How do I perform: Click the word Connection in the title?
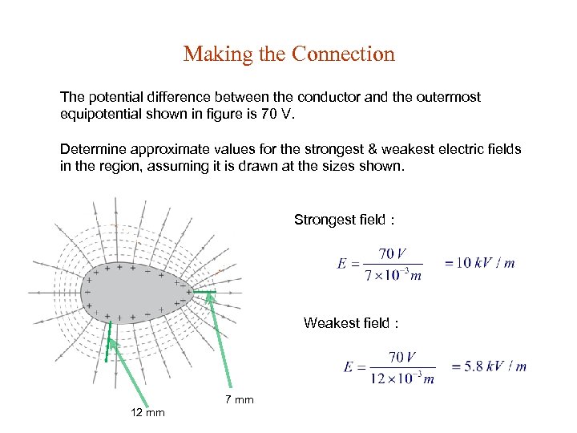(x=344, y=55)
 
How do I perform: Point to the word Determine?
(x=95, y=149)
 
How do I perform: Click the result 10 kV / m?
(x=479, y=263)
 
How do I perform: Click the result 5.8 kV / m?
(x=489, y=366)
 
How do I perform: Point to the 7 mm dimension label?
(x=239, y=399)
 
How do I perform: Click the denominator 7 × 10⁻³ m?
(x=393, y=276)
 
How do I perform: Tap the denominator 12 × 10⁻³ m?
(x=402, y=378)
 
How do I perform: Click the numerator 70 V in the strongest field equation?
(x=393, y=254)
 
